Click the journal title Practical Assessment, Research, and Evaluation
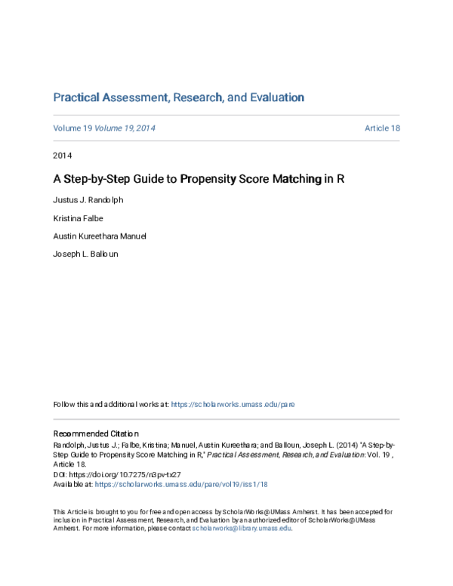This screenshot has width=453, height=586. tap(178, 97)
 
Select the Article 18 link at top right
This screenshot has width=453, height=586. tap(382, 128)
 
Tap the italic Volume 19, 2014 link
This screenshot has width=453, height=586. tap(125, 128)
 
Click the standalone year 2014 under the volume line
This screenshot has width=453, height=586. tap(62, 156)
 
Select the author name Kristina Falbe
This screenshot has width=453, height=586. tap(78, 219)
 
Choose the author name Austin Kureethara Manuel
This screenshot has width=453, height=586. tap(100, 236)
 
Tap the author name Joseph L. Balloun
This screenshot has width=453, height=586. tap(85, 254)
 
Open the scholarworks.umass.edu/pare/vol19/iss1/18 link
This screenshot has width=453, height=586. tap(181, 484)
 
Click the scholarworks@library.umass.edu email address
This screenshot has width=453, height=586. tap(241, 529)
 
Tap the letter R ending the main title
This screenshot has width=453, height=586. tap(341, 180)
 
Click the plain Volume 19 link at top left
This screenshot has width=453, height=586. tap(72, 128)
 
